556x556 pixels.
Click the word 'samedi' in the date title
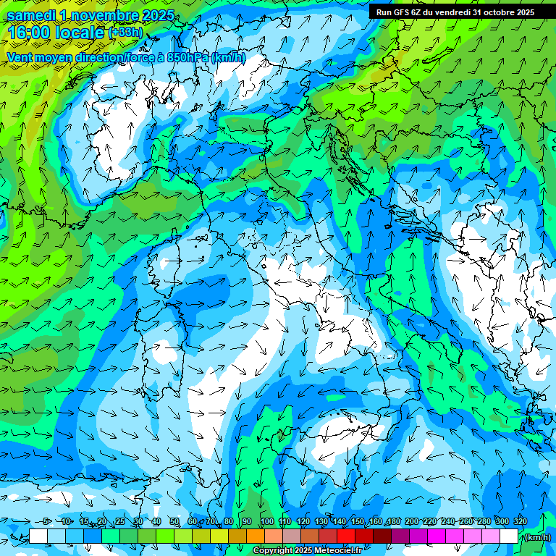click(x=32, y=16)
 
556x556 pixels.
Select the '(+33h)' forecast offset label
click(x=125, y=33)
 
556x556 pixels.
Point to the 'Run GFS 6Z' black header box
click(x=455, y=12)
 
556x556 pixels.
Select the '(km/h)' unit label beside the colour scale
click(x=536, y=537)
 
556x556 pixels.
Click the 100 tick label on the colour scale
click(x=266, y=522)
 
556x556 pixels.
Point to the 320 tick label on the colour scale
click(x=520, y=522)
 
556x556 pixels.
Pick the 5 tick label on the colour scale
click(x=47, y=522)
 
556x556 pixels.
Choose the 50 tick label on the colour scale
click(x=174, y=522)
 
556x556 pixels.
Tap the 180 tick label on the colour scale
click(x=393, y=522)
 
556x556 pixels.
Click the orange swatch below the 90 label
click(x=256, y=536)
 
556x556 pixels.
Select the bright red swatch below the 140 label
click(x=346, y=536)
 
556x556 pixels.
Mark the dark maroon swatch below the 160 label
click(x=382, y=536)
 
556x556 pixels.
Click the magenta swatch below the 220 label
click(x=437, y=536)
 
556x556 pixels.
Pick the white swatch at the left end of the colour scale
click(x=38, y=536)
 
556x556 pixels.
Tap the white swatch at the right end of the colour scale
click(x=509, y=536)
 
